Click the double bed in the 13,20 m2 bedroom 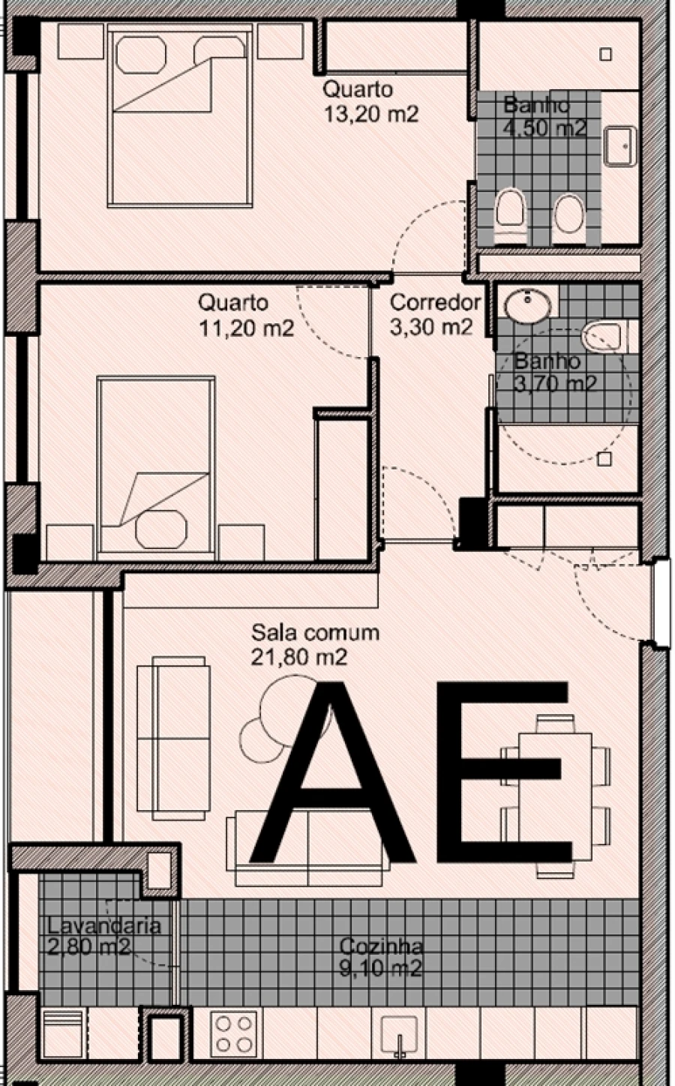(x=180, y=116)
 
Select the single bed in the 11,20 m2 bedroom (x=155, y=465)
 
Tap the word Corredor (x=435, y=303)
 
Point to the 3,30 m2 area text (x=431, y=327)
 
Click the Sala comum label (x=315, y=632)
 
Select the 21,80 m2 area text (x=299, y=657)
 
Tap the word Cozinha (x=381, y=946)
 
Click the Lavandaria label (x=103, y=925)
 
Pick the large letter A (x=332, y=772)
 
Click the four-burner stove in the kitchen (x=233, y=1034)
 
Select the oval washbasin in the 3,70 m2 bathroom (x=528, y=305)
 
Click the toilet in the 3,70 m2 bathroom (x=603, y=337)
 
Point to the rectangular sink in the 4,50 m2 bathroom (x=620, y=146)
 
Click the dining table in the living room (x=556, y=795)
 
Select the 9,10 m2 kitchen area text (x=381, y=969)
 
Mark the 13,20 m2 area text (x=370, y=114)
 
